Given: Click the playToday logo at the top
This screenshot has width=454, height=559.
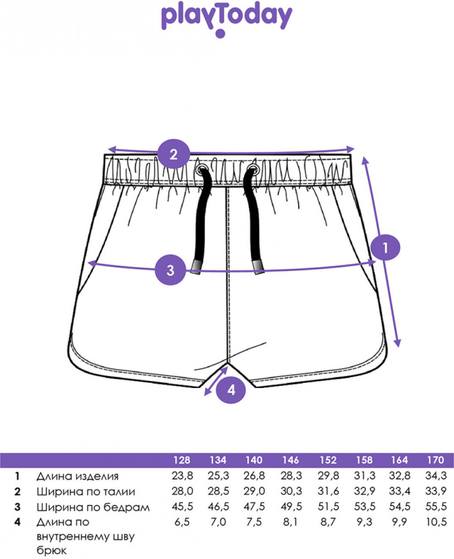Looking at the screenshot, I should tap(226, 19).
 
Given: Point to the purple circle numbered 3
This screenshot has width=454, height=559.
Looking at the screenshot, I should tap(171, 270).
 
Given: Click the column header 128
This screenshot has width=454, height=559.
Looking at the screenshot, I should tap(181, 461).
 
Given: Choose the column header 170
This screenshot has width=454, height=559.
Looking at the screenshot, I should tap(436, 461).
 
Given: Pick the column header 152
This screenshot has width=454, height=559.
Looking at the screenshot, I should tap(328, 461).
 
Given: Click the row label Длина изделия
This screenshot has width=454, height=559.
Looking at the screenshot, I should tap(77, 476).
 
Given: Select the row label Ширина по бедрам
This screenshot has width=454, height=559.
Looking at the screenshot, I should tap(93, 508).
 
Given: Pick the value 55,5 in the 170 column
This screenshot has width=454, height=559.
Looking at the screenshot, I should tap(436, 508).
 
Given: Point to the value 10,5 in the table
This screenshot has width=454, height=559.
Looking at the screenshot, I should tap(436, 523).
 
